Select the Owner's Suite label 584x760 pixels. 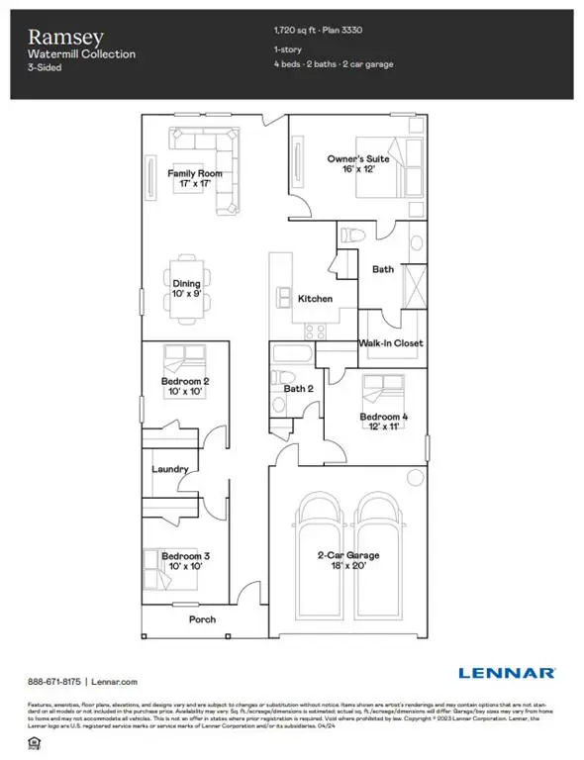click(x=358, y=158)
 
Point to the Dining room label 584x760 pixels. click(x=186, y=284)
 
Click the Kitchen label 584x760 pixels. click(x=314, y=299)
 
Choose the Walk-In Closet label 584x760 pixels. click(x=390, y=343)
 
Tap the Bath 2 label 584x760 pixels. click(x=297, y=389)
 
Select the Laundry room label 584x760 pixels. click(x=169, y=470)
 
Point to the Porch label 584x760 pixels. click(x=202, y=619)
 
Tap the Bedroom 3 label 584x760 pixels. click(x=185, y=555)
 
